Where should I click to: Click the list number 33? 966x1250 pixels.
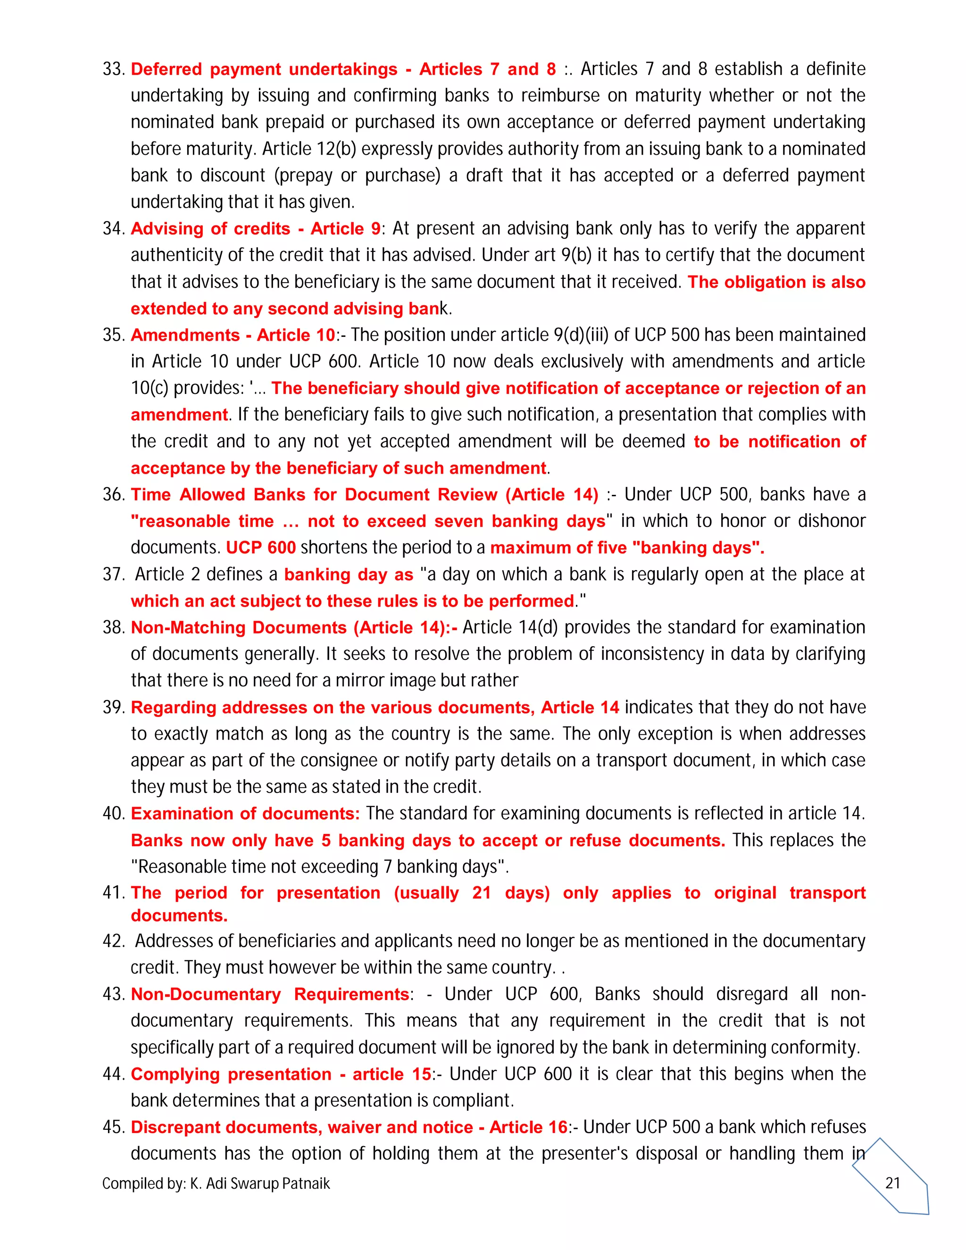tap(113, 69)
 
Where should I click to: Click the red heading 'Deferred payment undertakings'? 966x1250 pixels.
tap(264, 69)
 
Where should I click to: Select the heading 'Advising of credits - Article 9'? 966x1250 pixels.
tap(255, 228)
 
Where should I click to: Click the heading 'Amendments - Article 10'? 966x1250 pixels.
tap(233, 335)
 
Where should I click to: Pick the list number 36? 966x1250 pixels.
tap(113, 494)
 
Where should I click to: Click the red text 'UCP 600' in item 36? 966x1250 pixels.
tap(260, 548)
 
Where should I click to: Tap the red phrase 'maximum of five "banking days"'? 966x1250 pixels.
tap(627, 548)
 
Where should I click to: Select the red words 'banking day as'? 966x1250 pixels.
tap(349, 574)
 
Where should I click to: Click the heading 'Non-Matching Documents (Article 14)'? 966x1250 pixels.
tap(293, 627)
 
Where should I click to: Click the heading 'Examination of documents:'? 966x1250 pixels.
tap(245, 813)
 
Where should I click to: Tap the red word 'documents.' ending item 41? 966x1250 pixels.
tap(179, 916)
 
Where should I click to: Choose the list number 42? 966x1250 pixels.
tap(113, 941)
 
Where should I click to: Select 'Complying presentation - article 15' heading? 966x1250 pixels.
tap(281, 1074)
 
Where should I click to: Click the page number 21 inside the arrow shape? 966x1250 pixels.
tap(893, 1183)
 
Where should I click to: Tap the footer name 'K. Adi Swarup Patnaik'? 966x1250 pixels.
tap(260, 1183)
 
